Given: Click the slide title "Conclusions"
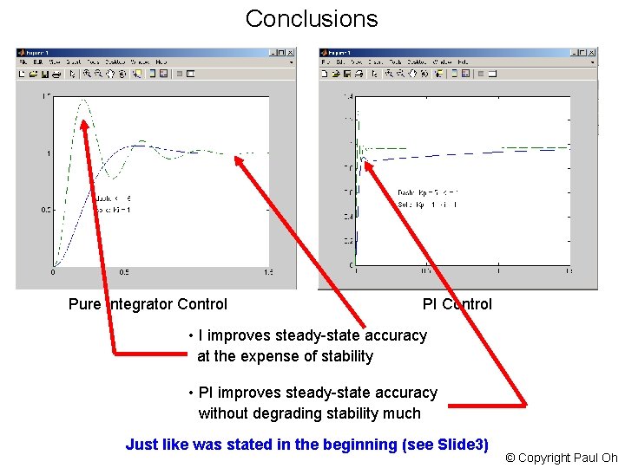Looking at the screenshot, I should [312, 19].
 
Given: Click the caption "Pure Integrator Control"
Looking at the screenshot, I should [148, 303].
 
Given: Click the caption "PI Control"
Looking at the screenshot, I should [457, 303].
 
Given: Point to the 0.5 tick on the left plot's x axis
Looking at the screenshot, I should [124, 273].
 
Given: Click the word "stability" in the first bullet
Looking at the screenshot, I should [345, 356].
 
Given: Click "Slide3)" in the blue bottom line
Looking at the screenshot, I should [464, 445].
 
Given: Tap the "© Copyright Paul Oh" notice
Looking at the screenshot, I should [561, 458].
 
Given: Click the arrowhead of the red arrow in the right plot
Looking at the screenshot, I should [366, 162].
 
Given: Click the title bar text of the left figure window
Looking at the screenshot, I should [40, 52].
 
